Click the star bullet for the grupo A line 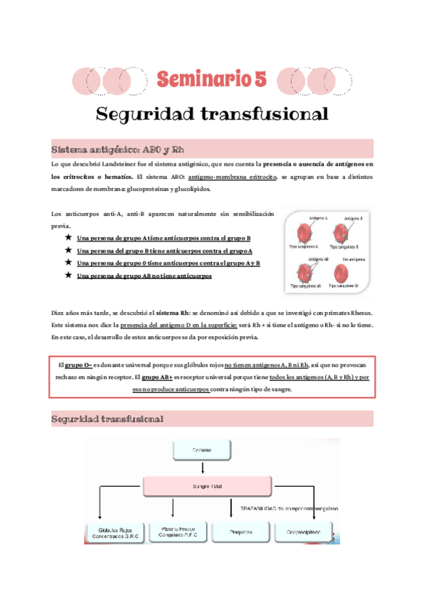(68, 238)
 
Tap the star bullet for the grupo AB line (68, 275)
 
